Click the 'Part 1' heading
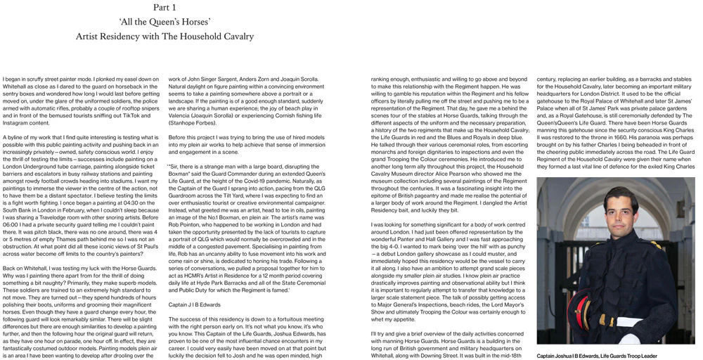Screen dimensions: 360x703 (x=165, y=7)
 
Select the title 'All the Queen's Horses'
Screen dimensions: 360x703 (x=165, y=22)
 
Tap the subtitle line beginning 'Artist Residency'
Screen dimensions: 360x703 (x=165, y=37)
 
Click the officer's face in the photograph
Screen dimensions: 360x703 (x=617, y=212)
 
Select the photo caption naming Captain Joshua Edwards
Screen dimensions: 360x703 (x=597, y=356)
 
